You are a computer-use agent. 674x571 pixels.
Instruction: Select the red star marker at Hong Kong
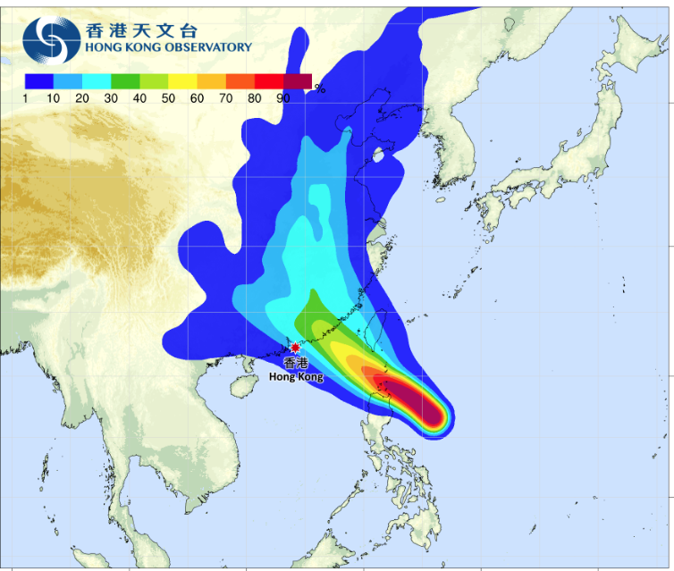[295, 347]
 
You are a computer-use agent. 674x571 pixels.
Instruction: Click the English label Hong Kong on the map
[296, 377]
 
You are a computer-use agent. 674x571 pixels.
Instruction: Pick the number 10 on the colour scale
[54, 98]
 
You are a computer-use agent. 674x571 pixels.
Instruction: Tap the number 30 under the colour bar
[111, 98]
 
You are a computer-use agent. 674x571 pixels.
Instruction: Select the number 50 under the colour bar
[168, 98]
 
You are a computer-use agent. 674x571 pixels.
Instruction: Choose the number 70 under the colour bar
[225, 98]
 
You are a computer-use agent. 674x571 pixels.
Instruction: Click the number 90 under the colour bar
[282, 98]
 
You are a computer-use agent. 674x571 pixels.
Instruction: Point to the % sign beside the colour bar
[319, 88]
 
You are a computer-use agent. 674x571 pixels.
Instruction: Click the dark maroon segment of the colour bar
[298, 81]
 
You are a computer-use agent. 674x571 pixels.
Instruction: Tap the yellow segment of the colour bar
[182, 81]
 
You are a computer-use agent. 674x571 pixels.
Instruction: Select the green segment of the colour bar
[125, 81]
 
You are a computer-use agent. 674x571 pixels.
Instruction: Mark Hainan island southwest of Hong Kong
[240, 389]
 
